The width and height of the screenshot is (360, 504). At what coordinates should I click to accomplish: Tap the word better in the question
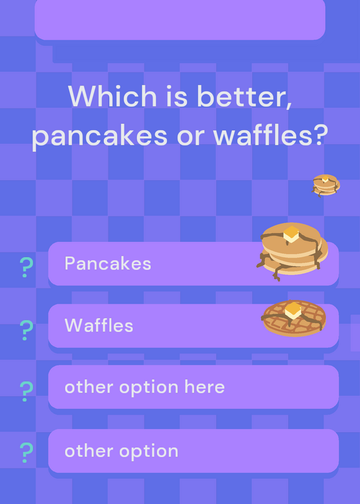tap(245, 96)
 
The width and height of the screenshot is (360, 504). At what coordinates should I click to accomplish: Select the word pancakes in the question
tap(100, 135)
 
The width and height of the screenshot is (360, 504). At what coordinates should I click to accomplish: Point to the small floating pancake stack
tap(325, 185)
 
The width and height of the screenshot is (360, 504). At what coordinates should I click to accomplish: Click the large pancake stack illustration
tap(292, 251)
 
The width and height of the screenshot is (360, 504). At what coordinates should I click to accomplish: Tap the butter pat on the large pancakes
tap(291, 234)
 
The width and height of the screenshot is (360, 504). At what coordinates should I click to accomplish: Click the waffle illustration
tap(294, 318)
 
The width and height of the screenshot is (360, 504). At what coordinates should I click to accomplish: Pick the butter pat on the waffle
tap(293, 311)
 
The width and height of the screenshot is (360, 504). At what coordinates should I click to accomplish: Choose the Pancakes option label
tap(108, 263)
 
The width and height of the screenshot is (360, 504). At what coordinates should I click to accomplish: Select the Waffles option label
tap(99, 325)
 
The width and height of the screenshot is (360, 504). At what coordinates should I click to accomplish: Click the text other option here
tap(144, 387)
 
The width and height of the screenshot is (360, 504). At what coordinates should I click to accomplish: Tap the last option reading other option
tap(121, 451)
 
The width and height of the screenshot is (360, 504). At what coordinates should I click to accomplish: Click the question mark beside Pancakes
tap(26, 267)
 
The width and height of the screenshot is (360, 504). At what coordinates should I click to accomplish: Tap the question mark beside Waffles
tap(26, 330)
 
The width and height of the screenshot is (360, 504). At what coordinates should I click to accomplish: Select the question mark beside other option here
tap(26, 391)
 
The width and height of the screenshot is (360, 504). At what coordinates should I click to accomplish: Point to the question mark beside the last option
tap(26, 452)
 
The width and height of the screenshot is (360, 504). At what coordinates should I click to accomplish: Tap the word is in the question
tap(177, 96)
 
